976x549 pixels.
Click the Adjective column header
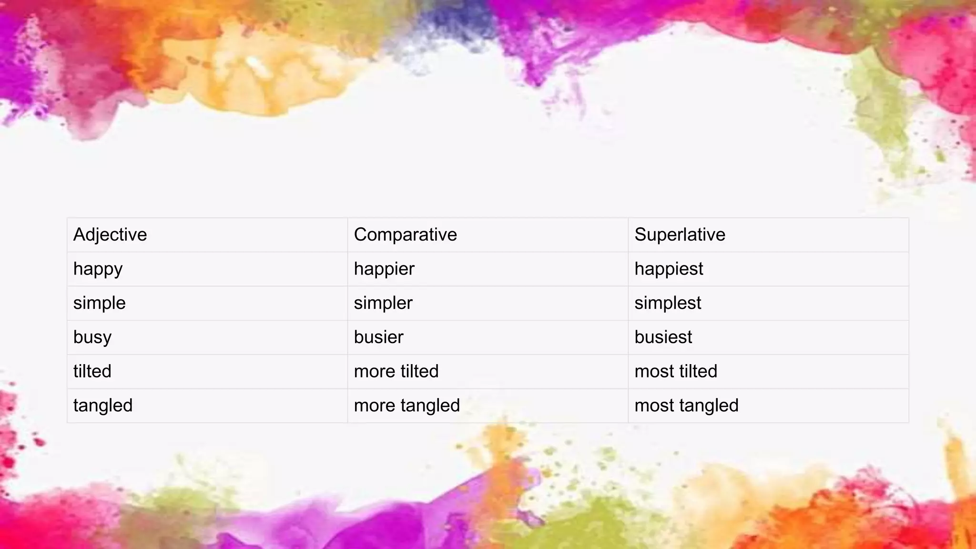point(110,234)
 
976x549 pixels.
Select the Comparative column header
point(405,234)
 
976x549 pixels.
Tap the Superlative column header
point(680,234)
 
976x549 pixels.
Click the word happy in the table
point(98,269)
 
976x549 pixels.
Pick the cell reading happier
point(384,269)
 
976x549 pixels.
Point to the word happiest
point(669,269)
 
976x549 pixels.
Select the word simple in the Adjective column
point(99,303)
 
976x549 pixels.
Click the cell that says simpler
point(383,303)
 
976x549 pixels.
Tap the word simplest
point(668,303)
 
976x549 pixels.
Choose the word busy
point(92,337)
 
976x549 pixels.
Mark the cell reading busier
point(378,337)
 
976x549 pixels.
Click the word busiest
point(663,337)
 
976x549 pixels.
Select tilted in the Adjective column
point(92,371)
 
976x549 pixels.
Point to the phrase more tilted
point(396,371)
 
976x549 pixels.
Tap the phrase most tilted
point(676,371)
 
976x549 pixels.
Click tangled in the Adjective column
point(103,406)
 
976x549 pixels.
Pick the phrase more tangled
point(407,406)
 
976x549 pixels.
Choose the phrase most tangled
point(686,406)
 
